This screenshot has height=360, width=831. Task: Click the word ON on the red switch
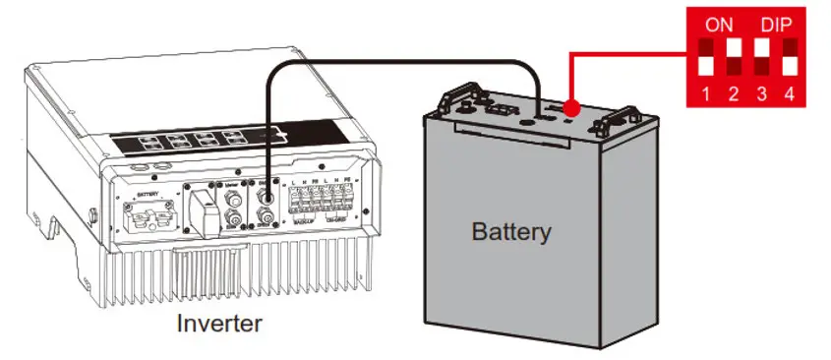click(720, 23)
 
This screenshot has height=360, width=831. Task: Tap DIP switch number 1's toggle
click(705, 57)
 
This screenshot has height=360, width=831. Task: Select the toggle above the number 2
click(733, 57)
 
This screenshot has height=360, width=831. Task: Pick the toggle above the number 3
click(762, 57)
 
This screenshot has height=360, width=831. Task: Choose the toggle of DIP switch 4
click(790, 57)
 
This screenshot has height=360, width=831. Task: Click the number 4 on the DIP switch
click(790, 95)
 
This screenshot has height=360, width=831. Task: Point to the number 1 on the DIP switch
click(705, 95)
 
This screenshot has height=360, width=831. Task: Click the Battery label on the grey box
click(511, 233)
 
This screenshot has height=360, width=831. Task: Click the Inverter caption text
click(219, 323)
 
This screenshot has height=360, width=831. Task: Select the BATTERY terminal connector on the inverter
click(148, 210)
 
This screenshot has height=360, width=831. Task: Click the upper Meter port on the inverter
click(236, 194)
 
